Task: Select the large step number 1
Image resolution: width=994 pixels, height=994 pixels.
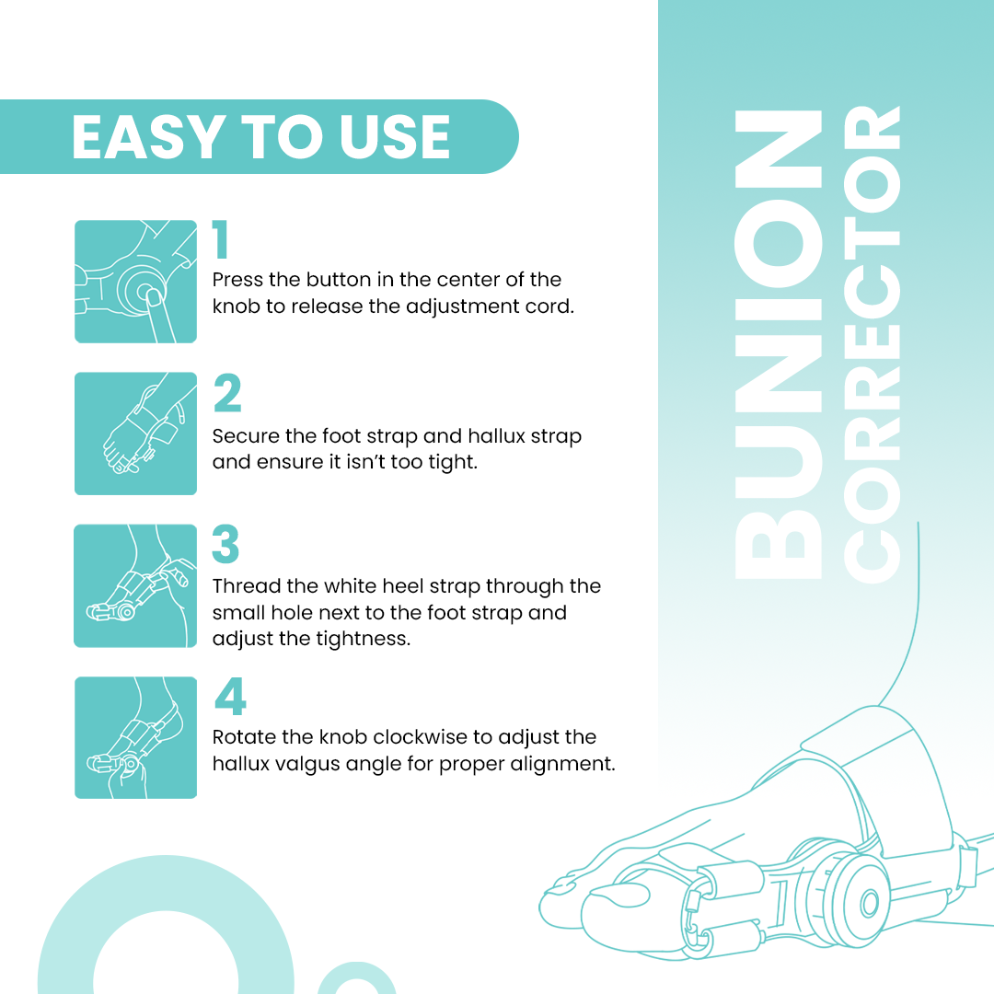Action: click(221, 241)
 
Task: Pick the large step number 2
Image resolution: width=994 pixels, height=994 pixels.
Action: click(226, 393)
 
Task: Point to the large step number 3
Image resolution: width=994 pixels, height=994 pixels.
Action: click(225, 545)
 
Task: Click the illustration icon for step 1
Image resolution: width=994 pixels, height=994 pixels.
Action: click(135, 282)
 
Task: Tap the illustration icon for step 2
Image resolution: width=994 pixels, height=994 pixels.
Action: click(135, 433)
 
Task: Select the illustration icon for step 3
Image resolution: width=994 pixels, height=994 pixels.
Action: click(135, 585)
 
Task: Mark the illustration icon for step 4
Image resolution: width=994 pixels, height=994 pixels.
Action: click(135, 737)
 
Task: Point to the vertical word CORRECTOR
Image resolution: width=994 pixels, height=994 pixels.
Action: click(872, 345)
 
